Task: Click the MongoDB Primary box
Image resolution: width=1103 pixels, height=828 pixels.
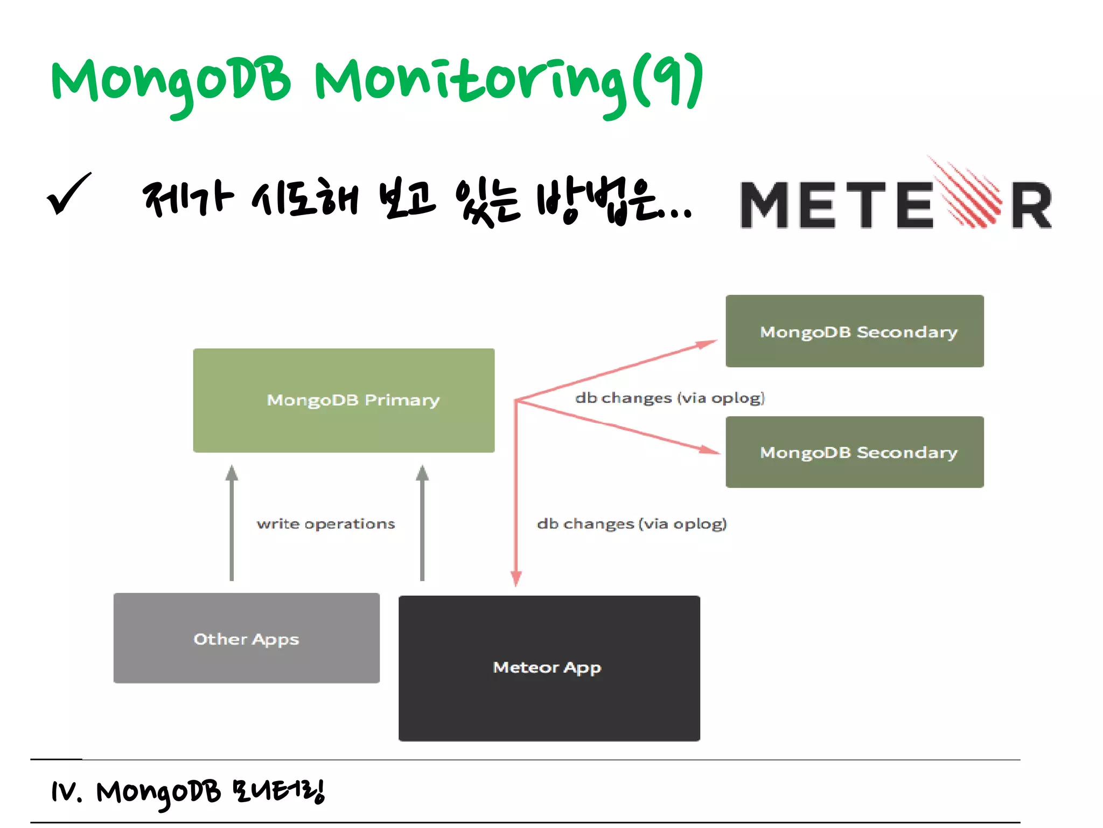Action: click(344, 400)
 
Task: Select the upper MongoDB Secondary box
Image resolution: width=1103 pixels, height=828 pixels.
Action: click(854, 331)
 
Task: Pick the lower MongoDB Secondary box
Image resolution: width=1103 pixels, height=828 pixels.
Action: click(854, 452)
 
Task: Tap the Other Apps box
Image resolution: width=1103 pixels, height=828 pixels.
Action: click(246, 638)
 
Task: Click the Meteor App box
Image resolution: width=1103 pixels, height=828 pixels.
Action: click(549, 667)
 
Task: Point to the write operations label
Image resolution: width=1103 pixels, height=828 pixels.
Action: click(326, 524)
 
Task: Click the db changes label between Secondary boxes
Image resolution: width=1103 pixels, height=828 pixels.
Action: click(669, 398)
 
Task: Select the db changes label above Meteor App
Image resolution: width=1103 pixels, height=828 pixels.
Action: click(632, 524)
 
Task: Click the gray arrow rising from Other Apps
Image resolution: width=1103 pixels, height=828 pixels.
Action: click(232, 523)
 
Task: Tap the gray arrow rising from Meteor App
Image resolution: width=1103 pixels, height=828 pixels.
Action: click(422, 523)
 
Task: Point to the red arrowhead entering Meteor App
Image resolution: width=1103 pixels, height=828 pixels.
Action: click(516, 578)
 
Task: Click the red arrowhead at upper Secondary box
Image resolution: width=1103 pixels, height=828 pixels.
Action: click(707, 343)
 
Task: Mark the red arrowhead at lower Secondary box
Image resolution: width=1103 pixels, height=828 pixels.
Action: click(710, 449)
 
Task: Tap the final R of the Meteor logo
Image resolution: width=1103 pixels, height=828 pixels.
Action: click(1031, 206)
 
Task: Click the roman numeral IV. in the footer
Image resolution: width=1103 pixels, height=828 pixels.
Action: click(66, 792)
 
